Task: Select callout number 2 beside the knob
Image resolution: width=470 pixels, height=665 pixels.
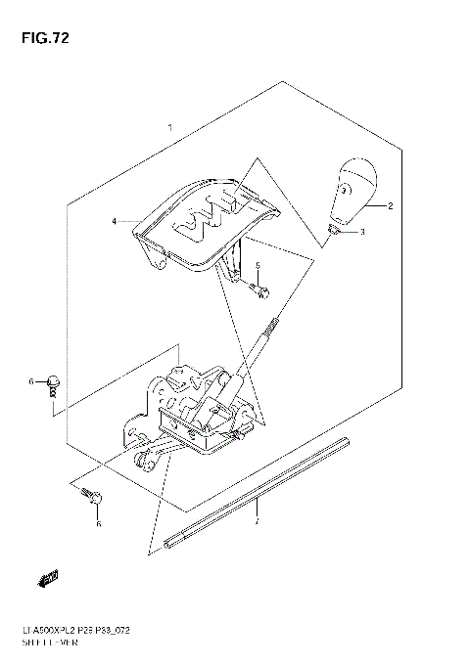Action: click(x=389, y=206)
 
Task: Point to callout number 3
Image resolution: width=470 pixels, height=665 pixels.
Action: click(x=361, y=232)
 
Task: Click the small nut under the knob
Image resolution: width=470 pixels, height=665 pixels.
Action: click(x=335, y=229)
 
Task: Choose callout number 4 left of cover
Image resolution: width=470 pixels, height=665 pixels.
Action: click(x=114, y=222)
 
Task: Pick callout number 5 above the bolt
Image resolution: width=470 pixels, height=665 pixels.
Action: click(x=258, y=266)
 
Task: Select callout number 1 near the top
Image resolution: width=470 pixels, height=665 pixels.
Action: click(x=170, y=128)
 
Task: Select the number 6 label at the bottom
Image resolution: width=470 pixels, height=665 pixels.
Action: click(x=98, y=525)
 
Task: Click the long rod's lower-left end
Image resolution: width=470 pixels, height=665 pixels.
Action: click(x=173, y=537)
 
